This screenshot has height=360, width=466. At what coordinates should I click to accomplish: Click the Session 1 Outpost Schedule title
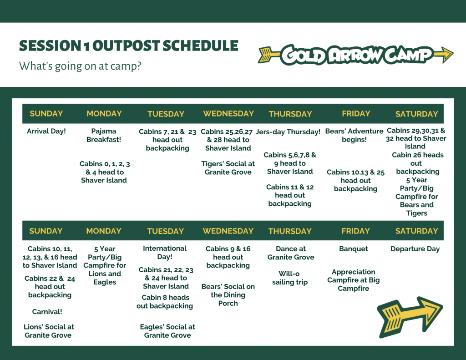tap(129, 46)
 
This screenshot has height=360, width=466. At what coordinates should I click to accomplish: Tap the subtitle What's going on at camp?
tap(80, 66)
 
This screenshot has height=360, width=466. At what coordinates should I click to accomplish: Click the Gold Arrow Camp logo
tap(356, 55)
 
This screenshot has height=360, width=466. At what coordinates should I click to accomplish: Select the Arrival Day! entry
tap(46, 131)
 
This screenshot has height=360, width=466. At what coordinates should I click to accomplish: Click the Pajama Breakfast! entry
tap(104, 135)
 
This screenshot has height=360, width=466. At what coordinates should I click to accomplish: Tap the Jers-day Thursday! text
tap(288, 132)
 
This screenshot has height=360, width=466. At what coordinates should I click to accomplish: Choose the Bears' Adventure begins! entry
tap(354, 135)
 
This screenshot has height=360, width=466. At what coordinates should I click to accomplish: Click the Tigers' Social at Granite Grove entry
tap(228, 168)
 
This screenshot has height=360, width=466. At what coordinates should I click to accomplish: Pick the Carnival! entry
tap(47, 312)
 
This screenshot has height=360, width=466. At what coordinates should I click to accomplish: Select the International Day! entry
tap(165, 253)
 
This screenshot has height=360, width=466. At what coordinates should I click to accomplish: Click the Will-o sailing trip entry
tap(290, 278)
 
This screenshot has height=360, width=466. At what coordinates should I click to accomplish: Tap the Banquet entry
tap(353, 249)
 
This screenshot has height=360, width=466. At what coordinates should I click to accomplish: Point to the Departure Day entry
tap(415, 249)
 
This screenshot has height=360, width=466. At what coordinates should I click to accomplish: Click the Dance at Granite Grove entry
tap(291, 253)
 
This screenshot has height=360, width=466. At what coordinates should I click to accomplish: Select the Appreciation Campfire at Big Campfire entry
tap(353, 280)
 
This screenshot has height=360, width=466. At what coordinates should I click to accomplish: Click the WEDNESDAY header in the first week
tap(228, 114)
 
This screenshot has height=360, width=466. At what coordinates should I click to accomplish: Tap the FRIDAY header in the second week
tap(355, 231)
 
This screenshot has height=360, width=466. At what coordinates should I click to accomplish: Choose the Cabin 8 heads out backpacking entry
tap(165, 302)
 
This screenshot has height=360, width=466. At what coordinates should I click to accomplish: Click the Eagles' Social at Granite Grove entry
tap(167, 331)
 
